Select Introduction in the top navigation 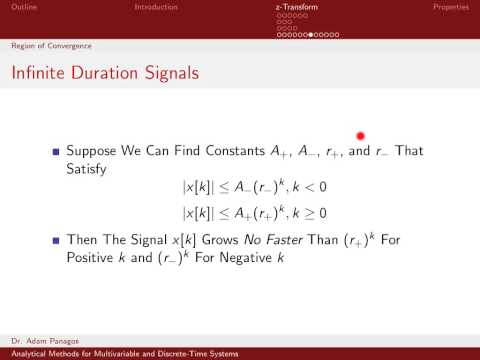[x=156, y=7]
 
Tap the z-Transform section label [x=296, y=7]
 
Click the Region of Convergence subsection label [x=45, y=45]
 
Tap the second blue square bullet [x=57, y=240]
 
